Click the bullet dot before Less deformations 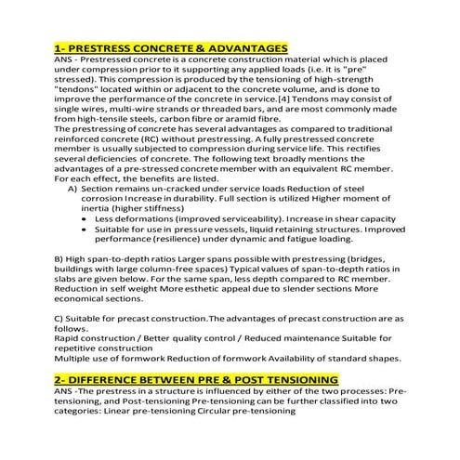point(85,217)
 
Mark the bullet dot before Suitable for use point(85,228)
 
